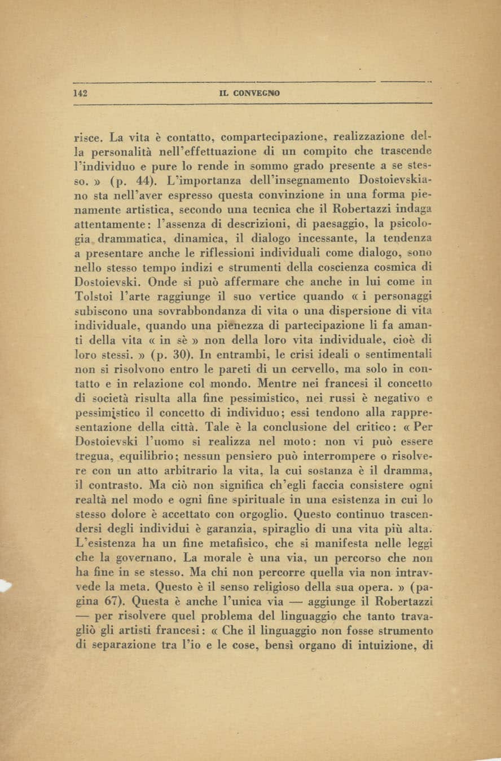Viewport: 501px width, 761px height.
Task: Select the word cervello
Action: pyautogui.click(x=322, y=371)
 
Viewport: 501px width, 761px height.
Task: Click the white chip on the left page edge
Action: pyautogui.click(x=5, y=586)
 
